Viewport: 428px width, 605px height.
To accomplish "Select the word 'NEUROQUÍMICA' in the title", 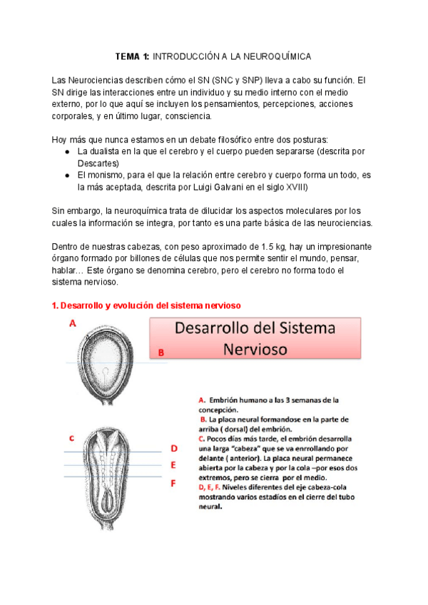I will [277, 56].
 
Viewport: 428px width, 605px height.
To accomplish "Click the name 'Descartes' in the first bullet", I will [99, 163].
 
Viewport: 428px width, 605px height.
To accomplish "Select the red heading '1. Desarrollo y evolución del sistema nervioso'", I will [147, 305].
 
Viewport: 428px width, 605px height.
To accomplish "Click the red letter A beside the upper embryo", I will [72, 323].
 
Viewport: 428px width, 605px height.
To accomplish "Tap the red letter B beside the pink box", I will [161, 352].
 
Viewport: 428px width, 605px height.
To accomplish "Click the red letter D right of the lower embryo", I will [173, 448].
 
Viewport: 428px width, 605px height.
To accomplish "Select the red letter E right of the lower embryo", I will [173, 465].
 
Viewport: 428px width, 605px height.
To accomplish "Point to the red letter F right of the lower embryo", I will [173, 483].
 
